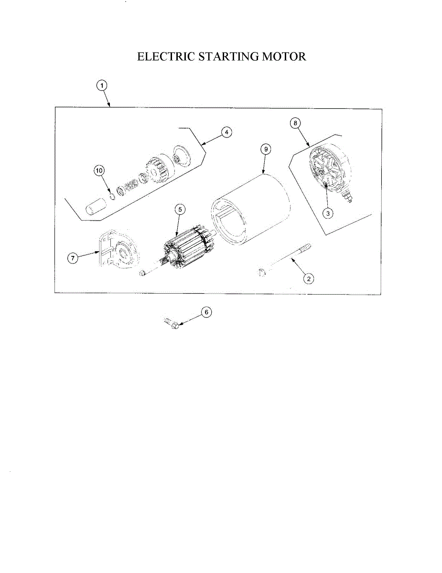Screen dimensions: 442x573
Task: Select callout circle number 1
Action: coord(102,85)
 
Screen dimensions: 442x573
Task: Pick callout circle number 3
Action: coord(327,213)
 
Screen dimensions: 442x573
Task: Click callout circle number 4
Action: coord(226,132)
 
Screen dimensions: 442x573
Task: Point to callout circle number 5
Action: coord(179,209)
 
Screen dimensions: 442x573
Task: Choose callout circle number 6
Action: coord(206,312)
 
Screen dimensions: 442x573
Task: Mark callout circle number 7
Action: coord(73,258)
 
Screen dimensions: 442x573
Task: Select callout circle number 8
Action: coord(296,123)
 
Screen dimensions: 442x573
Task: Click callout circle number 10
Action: coord(99,170)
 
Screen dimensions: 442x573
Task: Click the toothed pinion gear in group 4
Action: coord(156,172)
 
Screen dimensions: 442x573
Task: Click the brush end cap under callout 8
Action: coord(330,172)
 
